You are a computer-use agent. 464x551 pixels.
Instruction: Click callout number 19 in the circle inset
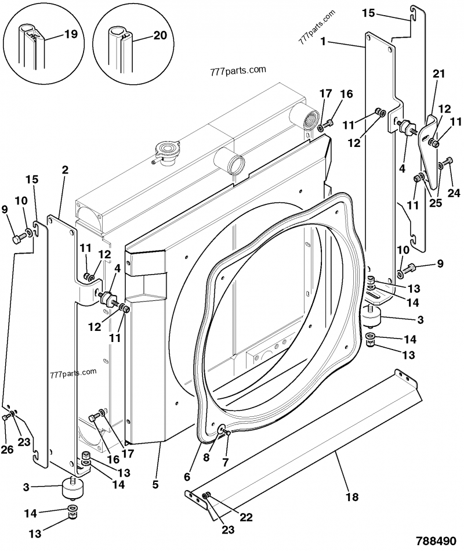pyautogui.click(x=70, y=34)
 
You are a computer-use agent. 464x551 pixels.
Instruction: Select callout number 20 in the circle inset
pyautogui.click(x=160, y=35)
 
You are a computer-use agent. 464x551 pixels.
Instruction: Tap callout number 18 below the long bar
pyautogui.click(x=352, y=496)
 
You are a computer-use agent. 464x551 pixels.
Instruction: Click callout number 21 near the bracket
pyautogui.click(x=438, y=74)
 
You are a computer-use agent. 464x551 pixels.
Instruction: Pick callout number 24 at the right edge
pyautogui.click(x=453, y=193)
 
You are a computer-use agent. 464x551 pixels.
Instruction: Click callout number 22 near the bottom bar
pyautogui.click(x=246, y=517)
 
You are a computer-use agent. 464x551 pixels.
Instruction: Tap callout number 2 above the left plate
pyautogui.click(x=64, y=170)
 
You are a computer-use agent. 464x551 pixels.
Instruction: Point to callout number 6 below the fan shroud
pyautogui.click(x=187, y=476)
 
